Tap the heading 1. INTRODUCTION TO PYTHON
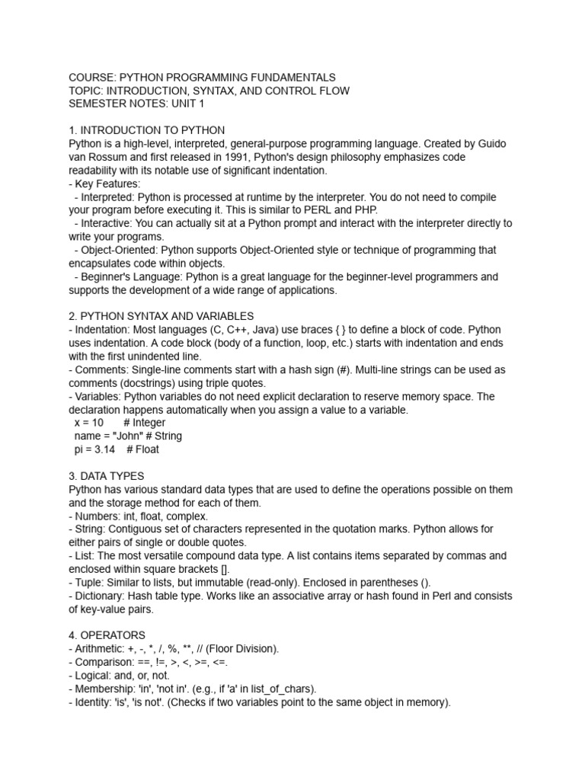click(147, 130)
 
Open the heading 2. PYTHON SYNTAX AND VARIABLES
click(161, 316)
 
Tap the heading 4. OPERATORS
click(107, 635)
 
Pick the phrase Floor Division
click(243, 648)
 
